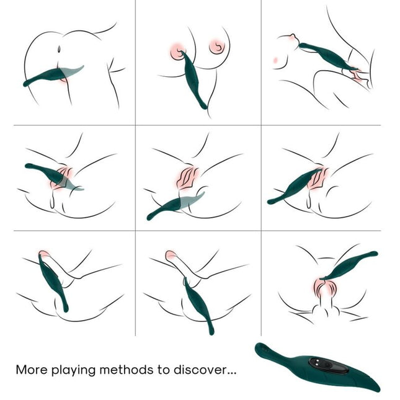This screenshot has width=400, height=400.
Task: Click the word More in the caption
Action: [31, 370]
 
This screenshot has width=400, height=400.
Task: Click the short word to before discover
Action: [163, 370]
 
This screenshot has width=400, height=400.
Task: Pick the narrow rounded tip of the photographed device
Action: [259, 348]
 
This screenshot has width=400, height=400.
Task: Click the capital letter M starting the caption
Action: [21, 370]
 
